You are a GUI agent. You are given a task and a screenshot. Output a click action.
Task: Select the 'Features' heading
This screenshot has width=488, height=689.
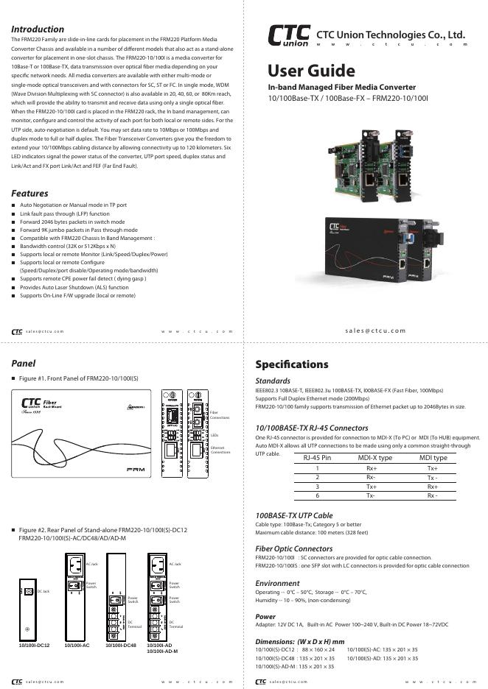[x=29, y=194]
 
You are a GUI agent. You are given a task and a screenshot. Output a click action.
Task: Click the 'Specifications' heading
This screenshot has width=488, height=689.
[x=291, y=364]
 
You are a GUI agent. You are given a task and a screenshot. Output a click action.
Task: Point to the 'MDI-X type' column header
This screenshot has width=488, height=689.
[x=375, y=458]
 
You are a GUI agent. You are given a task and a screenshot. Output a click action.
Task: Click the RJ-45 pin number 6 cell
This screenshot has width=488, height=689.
[x=318, y=495]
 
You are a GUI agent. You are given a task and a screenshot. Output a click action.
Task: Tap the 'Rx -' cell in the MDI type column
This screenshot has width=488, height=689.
[x=433, y=495]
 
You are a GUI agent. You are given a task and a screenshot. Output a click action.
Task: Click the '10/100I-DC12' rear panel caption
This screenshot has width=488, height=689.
[x=34, y=645]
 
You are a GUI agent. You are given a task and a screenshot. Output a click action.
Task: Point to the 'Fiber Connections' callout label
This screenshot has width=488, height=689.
[x=219, y=415]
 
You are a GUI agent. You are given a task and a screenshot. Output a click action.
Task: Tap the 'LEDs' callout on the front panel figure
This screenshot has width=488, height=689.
[x=215, y=436]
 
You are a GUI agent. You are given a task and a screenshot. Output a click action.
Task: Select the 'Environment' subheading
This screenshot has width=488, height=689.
[x=277, y=583]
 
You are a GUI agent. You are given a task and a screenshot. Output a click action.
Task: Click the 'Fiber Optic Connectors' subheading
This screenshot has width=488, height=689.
[x=293, y=549]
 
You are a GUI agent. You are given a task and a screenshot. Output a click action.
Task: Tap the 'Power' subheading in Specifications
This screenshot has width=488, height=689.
[x=265, y=617]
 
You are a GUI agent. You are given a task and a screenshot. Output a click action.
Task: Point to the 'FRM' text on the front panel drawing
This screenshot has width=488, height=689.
[x=135, y=469]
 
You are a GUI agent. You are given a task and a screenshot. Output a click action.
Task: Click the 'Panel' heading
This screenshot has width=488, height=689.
[x=24, y=364]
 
